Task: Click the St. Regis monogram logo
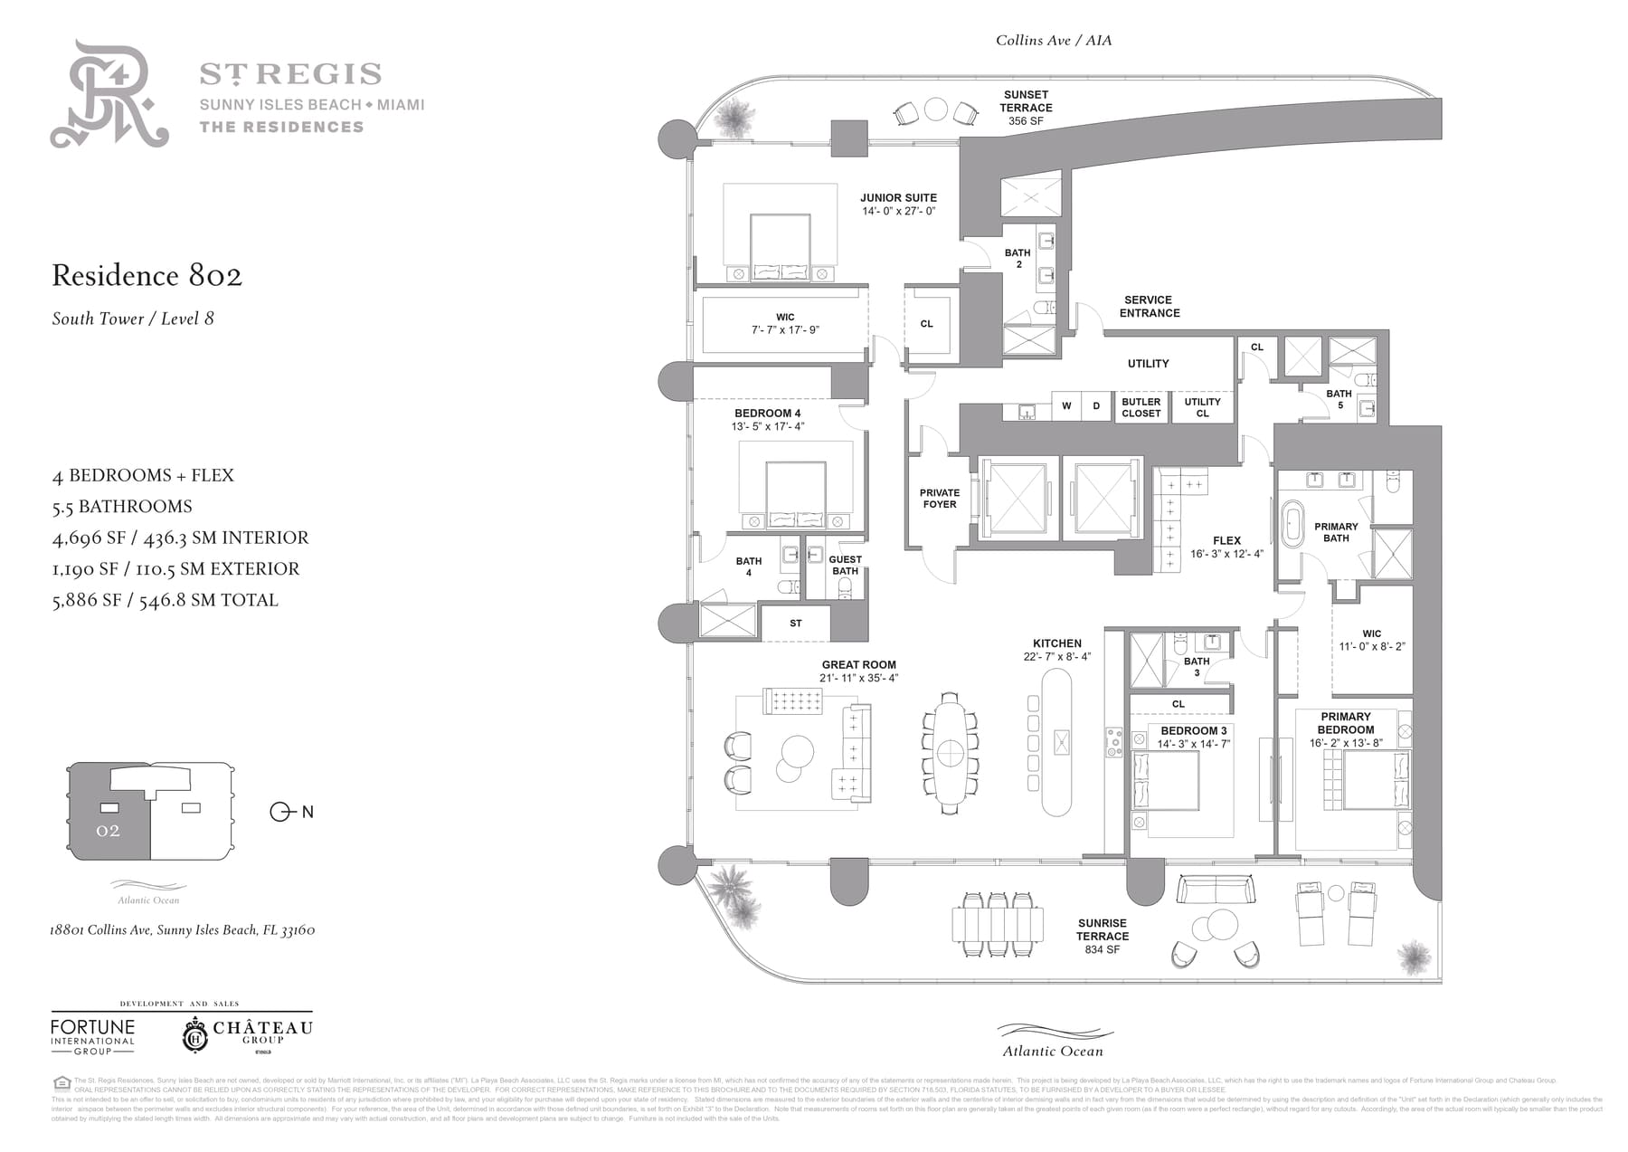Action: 109,94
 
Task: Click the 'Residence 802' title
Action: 147,275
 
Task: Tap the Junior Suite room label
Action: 898,198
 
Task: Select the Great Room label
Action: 858,665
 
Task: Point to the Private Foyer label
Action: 940,499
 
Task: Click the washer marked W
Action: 1066,406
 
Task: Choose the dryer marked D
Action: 1096,406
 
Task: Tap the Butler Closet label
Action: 1141,407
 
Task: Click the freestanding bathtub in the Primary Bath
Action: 1291,524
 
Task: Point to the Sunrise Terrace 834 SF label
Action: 1103,937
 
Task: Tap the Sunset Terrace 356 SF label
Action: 1026,108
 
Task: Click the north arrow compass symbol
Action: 279,812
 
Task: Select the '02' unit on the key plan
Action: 108,831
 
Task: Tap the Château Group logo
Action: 248,1034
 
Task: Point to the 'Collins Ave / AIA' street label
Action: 1054,41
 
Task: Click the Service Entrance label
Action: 1149,307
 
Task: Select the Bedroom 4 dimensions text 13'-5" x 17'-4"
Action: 767,426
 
